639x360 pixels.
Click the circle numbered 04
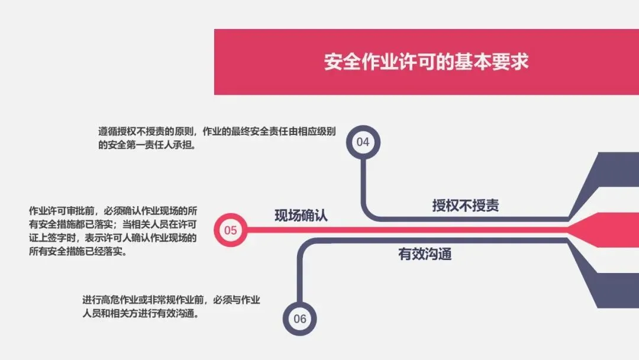pos(363,142)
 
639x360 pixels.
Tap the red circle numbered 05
pos(230,230)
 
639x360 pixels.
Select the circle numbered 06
pos(300,319)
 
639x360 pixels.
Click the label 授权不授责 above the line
pos(465,205)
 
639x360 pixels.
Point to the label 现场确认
pos(301,216)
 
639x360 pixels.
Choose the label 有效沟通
pos(425,255)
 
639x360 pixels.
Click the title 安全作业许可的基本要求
pos(426,62)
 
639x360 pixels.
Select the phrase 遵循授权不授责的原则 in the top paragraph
pos(146,132)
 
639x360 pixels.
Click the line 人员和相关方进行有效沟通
pos(139,314)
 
